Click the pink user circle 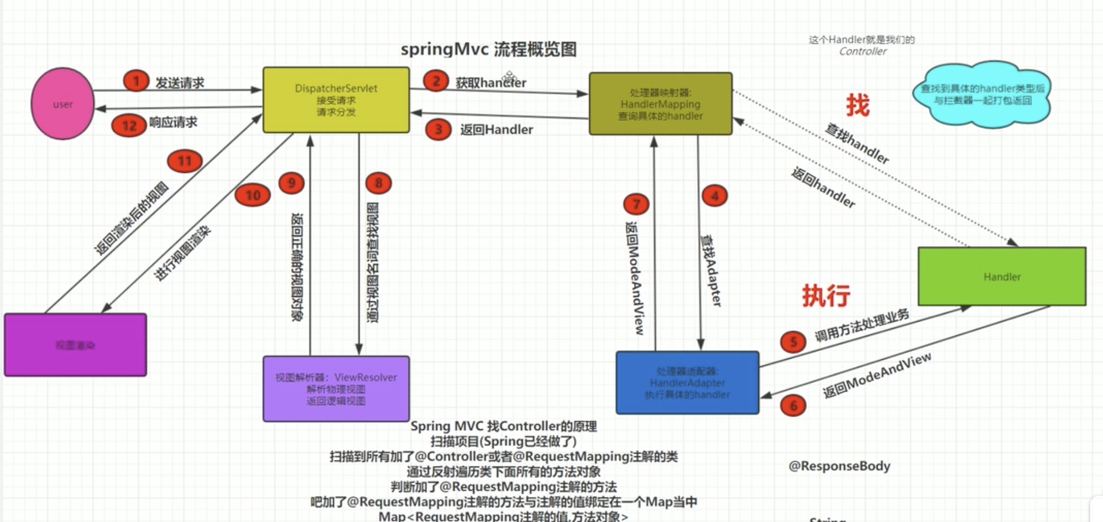click(62, 104)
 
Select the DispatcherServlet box click(336, 100)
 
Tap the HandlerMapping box click(660, 104)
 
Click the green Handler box click(1002, 276)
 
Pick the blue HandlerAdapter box click(687, 383)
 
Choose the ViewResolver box click(336, 389)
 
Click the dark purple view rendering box click(75, 345)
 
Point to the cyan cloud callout click(982, 94)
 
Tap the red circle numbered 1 click(136, 81)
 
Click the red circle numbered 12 click(129, 125)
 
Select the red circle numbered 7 click(636, 204)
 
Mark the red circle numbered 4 click(714, 196)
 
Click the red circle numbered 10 click(252, 195)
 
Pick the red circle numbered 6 click(793, 405)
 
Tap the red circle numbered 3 click(438, 129)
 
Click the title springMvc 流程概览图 click(489, 49)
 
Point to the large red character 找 click(857, 105)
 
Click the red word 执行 click(826, 295)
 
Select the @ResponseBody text click(839, 466)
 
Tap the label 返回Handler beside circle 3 click(496, 130)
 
